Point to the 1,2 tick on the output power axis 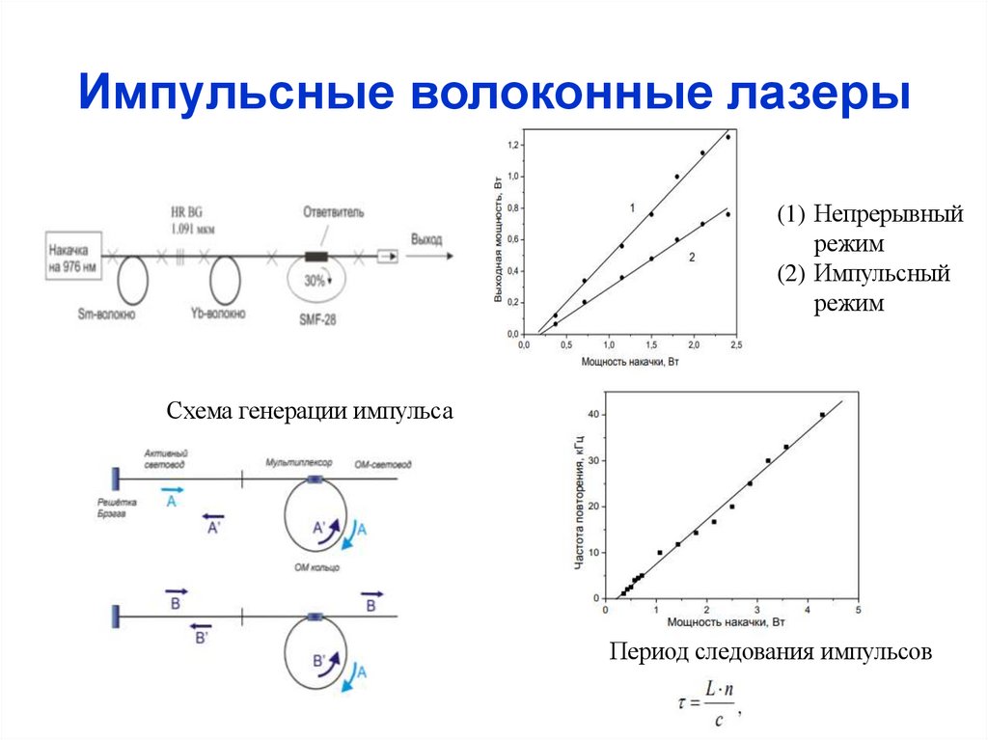pos(512,145)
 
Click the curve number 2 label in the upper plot pos(692,257)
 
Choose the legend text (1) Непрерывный pos(871,214)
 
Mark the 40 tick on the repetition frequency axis pos(593,414)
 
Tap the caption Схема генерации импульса pos(310,411)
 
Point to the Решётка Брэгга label pos(118,507)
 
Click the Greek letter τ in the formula pos(684,702)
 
